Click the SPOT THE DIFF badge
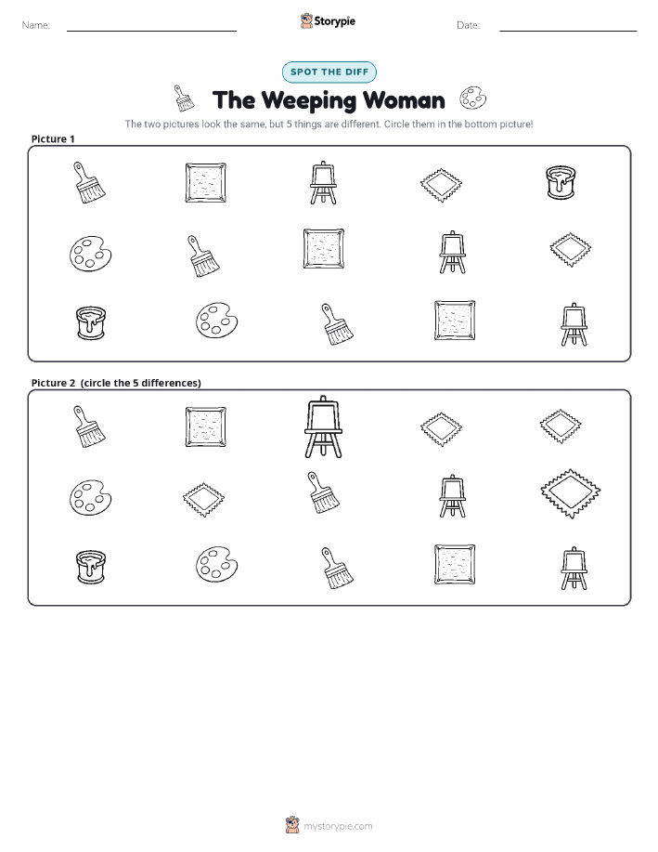click(x=329, y=72)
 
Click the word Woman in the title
click(x=404, y=100)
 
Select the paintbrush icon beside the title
click(x=184, y=98)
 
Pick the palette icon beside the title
click(x=473, y=98)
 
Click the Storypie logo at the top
click(x=328, y=21)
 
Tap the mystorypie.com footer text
click(x=338, y=826)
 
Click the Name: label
click(x=36, y=25)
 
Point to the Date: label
click(x=468, y=25)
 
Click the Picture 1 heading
click(x=53, y=138)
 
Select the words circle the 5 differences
click(x=141, y=383)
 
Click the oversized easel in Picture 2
click(x=323, y=426)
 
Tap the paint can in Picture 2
click(x=91, y=567)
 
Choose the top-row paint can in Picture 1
click(x=561, y=182)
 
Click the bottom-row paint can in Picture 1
click(x=91, y=322)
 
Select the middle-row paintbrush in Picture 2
click(x=322, y=492)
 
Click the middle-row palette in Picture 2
click(x=90, y=497)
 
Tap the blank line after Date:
click(x=568, y=31)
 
